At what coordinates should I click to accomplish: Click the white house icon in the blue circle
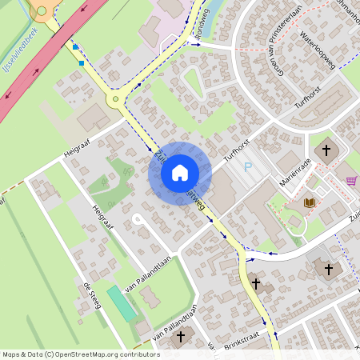click(180, 173)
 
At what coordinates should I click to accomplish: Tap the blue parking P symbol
click(248, 167)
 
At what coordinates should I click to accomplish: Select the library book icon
click(310, 202)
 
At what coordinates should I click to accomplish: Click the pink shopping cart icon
click(350, 181)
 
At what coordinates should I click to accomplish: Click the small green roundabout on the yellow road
click(118, 100)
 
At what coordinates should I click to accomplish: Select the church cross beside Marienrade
click(326, 150)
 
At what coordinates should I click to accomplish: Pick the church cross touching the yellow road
click(256, 283)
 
